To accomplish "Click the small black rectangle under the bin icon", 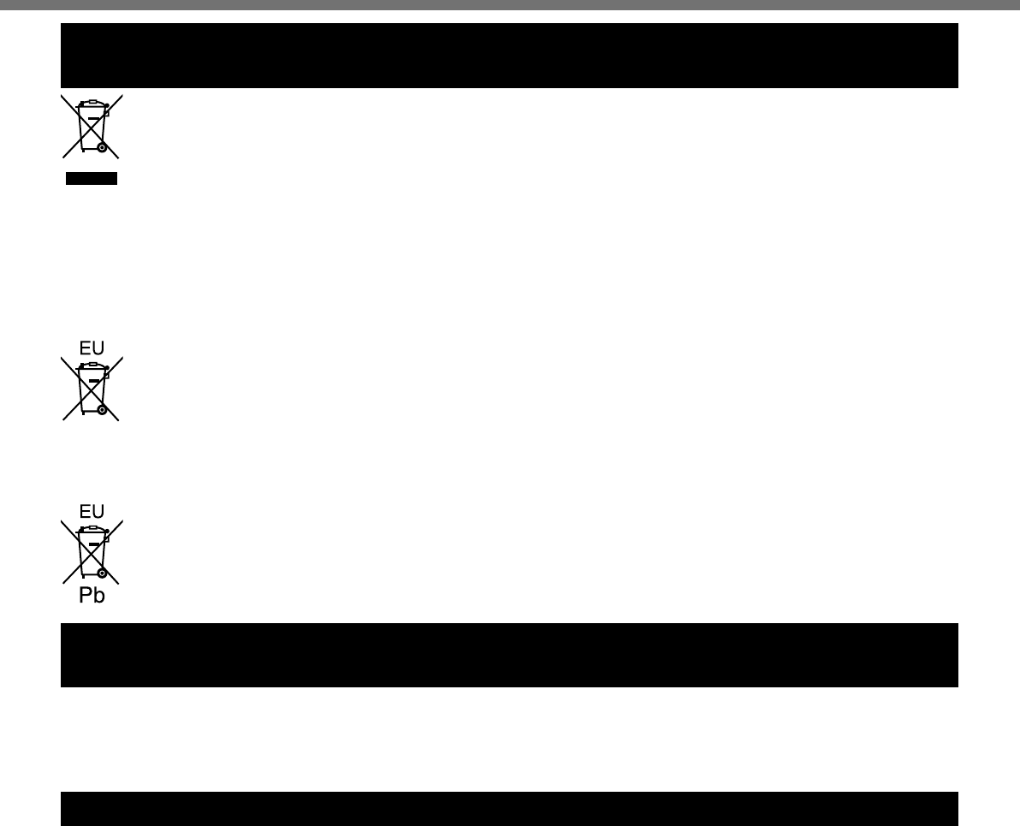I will tap(91, 178).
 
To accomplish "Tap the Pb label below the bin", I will tap(91, 596).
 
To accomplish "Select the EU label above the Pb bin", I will tap(91, 511).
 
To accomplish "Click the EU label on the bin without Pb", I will tap(91, 348).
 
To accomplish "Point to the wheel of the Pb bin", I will tap(102, 572).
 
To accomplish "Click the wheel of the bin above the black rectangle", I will tap(102, 147).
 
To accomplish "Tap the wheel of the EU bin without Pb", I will tap(102, 410).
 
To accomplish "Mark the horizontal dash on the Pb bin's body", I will tap(94, 544).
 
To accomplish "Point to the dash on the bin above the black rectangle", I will tap(94, 118).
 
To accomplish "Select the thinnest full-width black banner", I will tap(509, 808).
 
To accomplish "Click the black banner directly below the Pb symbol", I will tap(509, 655).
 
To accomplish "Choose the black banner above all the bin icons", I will tap(509, 56).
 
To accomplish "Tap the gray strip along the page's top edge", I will tap(509, 4).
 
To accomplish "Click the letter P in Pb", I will tap(86, 596).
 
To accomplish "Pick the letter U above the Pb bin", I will tap(98, 511).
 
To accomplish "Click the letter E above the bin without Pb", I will tap(84, 348).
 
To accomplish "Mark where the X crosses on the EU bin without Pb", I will tap(91, 387).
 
